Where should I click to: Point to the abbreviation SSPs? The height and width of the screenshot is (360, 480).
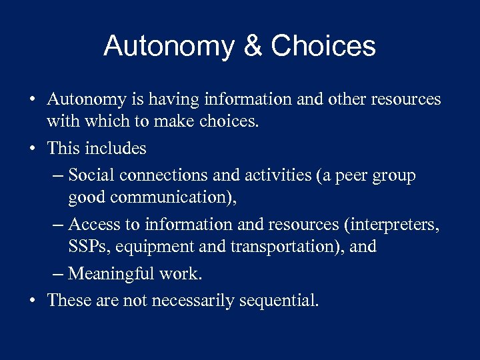[x=87, y=246]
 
